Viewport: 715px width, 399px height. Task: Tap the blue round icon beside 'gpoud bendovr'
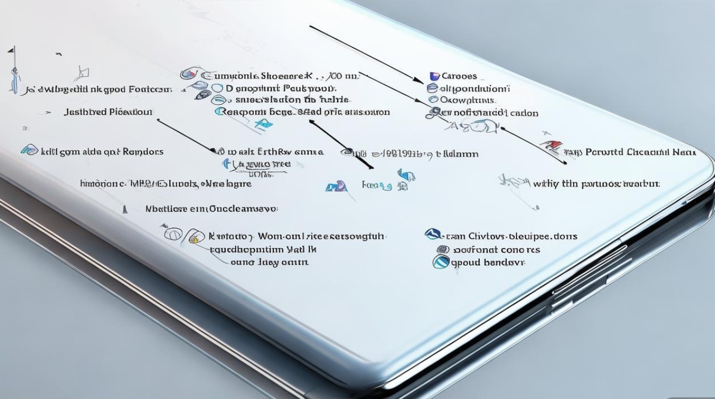point(440,262)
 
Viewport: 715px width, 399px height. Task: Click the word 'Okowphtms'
point(469,99)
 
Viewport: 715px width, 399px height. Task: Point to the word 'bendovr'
point(503,263)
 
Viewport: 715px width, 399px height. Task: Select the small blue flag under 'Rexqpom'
point(263,124)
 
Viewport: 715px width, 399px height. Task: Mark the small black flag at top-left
point(10,50)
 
